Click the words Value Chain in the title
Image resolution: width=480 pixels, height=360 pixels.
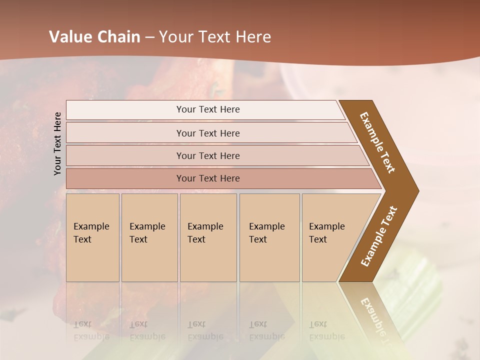pyautogui.click(x=94, y=37)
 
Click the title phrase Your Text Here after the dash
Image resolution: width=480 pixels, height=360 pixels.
pyautogui.click(x=215, y=37)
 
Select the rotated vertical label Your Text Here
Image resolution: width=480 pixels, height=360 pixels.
pyautogui.click(x=57, y=144)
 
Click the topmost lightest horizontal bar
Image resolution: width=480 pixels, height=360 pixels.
pyautogui.click(x=207, y=109)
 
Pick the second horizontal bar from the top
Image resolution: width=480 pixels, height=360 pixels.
pyautogui.click(x=207, y=133)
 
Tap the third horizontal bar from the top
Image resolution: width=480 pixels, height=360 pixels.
pyautogui.click(x=207, y=155)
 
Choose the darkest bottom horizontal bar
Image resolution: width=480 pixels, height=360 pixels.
pyautogui.click(x=207, y=178)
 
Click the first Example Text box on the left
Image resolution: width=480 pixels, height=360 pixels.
pyautogui.click(x=92, y=237)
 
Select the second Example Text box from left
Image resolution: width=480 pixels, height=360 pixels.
pyautogui.click(x=149, y=237)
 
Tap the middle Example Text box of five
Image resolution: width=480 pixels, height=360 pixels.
pyautogui.click(x=208, y=237)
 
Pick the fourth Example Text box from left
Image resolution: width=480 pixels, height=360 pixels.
pyautogui.click(x=269, y=237)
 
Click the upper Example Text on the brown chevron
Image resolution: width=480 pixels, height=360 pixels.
pyautogui.click(x=377, y=142)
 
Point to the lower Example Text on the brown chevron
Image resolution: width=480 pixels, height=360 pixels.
pyautogui.click(x=379, y=236)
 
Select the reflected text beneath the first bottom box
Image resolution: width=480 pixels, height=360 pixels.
pyautogui.click(x=91, y=330)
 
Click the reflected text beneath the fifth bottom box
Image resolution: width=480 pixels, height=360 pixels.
pyautogui.click(x=326, y=330)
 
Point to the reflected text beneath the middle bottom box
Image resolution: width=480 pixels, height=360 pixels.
pyautogui.click(x=205, y=330)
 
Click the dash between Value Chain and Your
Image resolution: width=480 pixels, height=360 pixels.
pyautogui.click(x=149, y=37)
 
